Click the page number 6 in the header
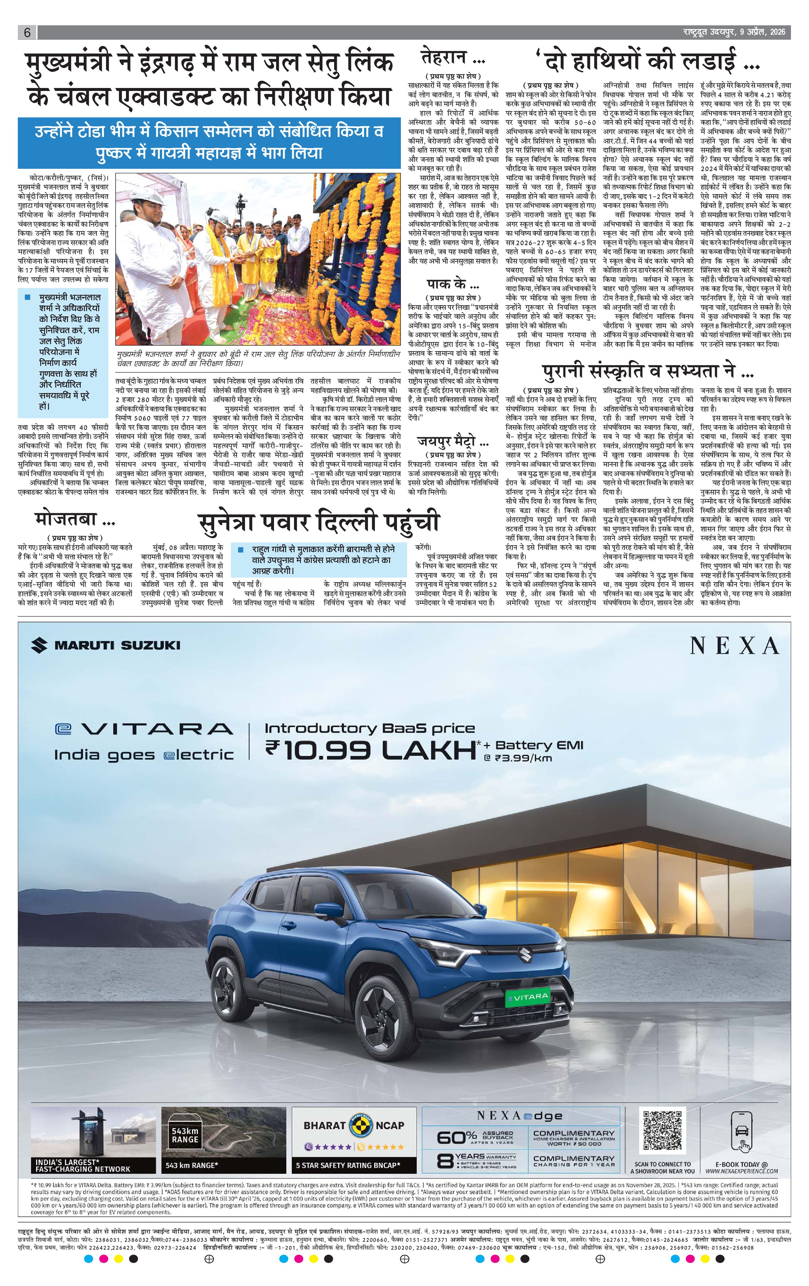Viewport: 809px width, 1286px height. point(27,33)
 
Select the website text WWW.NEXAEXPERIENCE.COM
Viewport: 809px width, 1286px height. point(741,1171)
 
